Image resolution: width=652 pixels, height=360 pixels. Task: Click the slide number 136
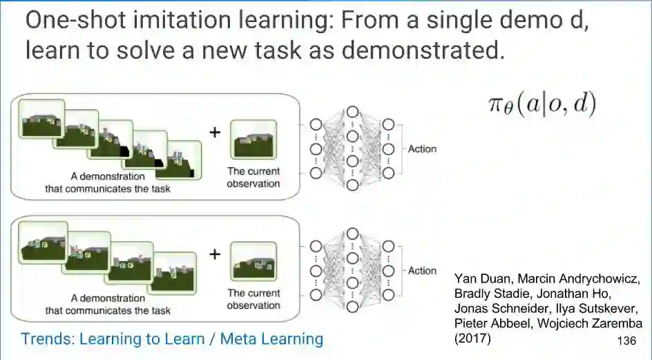626,341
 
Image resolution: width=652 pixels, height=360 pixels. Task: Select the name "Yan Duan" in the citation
479,278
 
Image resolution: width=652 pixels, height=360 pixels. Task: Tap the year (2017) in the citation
471,339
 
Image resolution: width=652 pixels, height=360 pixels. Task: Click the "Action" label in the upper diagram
422,149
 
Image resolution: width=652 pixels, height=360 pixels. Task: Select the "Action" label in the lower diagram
422,270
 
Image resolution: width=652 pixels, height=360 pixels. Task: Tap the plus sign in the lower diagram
215,254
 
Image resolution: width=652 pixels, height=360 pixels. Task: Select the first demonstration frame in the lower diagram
43,241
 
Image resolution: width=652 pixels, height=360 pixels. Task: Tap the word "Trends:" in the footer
48,339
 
